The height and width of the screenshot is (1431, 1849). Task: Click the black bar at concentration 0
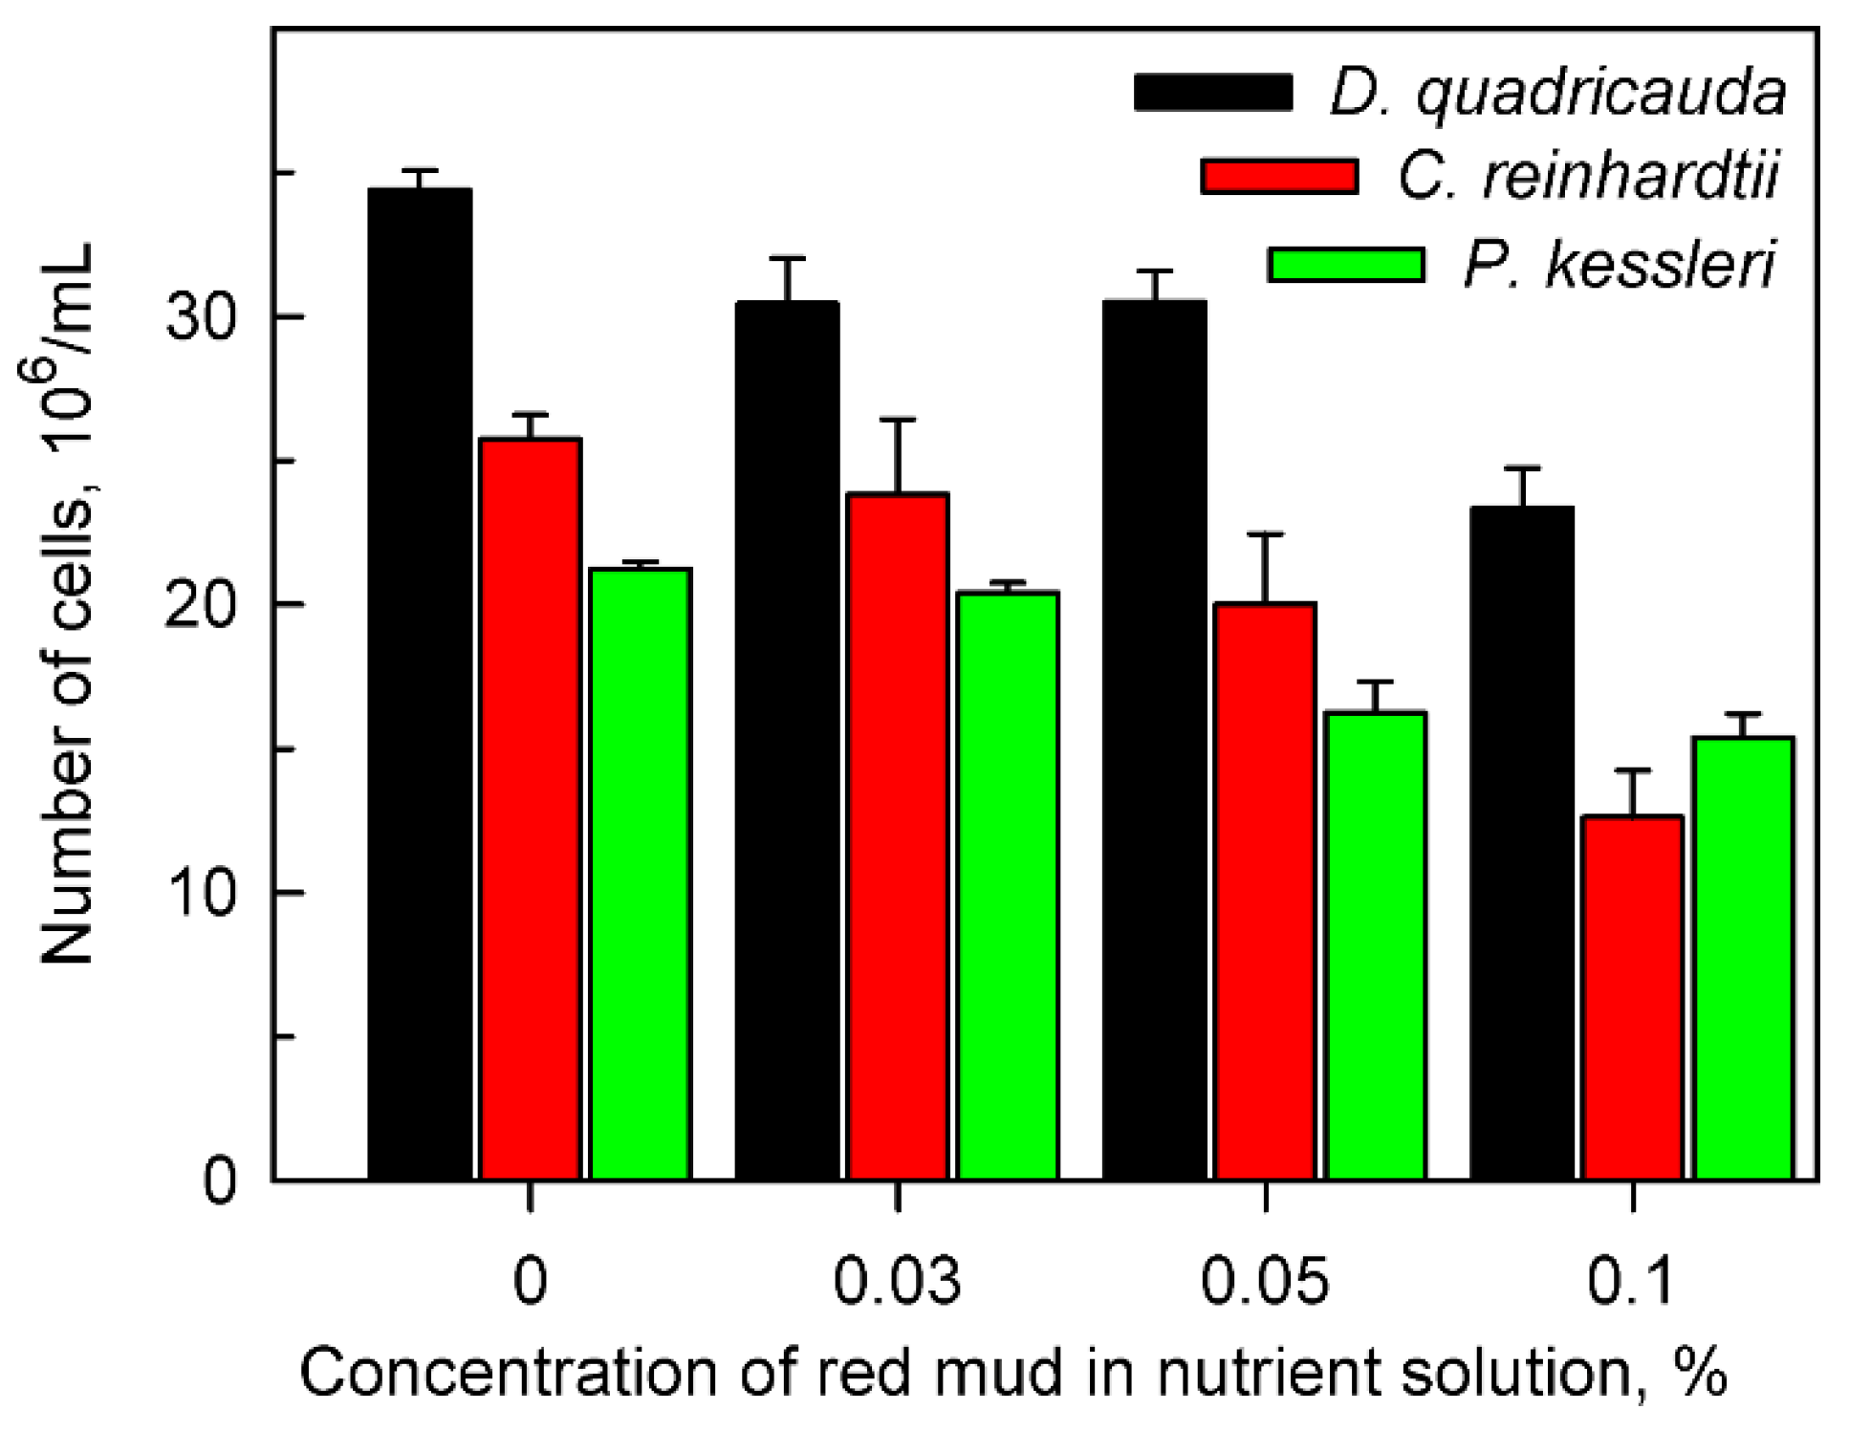click(x=420, y=683)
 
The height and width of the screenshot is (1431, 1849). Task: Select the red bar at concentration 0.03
click(x=897, y=836)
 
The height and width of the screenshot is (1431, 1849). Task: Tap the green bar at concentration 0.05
click(x=1376, y=945)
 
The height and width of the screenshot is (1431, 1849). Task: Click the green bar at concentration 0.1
click(x=1743, y=958)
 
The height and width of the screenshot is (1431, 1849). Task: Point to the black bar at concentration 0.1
click(x=1521, y=843)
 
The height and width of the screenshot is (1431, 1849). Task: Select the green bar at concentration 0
click(x=640, y=874)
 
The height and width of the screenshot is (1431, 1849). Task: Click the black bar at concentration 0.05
click(x=1154, y=740)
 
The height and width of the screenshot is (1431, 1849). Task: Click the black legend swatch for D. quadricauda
click(x=1213, y=93)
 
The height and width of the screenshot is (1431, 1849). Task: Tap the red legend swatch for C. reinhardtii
click(x=1279, y=177)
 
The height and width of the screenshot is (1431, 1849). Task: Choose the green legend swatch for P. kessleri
click(x=1345, y=264)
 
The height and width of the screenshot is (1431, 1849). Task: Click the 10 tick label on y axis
click(x=201, y=893)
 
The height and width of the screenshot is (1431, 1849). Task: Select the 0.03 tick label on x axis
click(x=897, y=1281)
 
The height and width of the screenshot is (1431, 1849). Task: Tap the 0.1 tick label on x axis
click(x=1631, y=1281)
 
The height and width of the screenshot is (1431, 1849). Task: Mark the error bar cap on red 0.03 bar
click(x=898, y=420)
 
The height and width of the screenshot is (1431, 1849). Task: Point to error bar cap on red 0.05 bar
click(x=1265, y=534)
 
